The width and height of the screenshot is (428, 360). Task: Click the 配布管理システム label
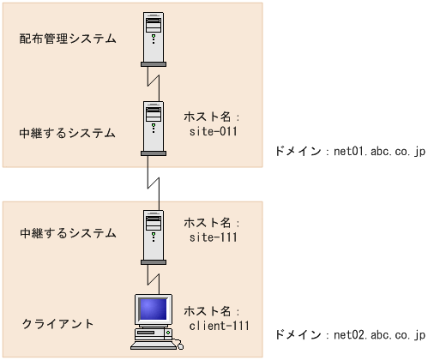68,39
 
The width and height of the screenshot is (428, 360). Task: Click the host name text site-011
213,133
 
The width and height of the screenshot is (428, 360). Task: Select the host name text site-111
213,235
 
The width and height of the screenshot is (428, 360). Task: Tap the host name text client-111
219,327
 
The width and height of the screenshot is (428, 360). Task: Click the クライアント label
58,324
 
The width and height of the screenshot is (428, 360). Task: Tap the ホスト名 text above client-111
210,310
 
